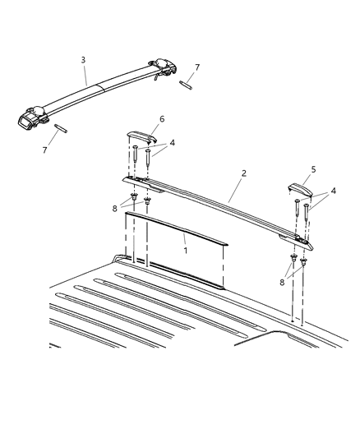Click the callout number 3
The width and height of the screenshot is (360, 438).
coord(82,59)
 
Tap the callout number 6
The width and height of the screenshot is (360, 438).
coord(161,120)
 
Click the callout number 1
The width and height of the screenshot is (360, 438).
coord(186,249)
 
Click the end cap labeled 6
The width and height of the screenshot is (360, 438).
coord(139,136)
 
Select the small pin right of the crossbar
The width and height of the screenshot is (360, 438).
coord(187,85)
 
